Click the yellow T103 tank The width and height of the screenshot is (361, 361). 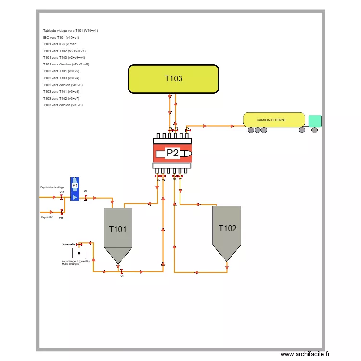click(173, 79)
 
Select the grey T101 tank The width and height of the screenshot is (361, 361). click(118, 229)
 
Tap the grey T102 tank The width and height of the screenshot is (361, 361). click(227, 228)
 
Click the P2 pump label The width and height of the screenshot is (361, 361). click(172, 154)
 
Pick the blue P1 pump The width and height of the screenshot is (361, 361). click(75, 188)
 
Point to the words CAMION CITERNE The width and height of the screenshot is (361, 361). click(271, 120)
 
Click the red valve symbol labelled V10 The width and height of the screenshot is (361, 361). click(61, 197)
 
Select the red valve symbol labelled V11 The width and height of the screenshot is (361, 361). click(62, 212)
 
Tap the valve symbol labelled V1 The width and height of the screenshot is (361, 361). click(86, 198)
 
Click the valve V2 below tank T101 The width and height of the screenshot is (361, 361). click(122, 271)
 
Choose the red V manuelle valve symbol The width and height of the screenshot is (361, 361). click(77, 244)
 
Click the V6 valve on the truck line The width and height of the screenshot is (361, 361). click(188, 130)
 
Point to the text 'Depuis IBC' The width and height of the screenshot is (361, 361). click(47, 217)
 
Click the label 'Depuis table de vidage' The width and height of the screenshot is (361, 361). click(52, 187)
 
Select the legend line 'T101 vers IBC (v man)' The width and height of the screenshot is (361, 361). click(60, 44)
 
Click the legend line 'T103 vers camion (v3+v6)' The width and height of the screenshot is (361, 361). click(63, 105)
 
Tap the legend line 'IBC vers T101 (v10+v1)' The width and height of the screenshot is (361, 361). click(61, 37)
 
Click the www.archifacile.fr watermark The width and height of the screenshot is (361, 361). click(306, 354)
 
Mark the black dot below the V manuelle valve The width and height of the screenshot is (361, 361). click(79, 253)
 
